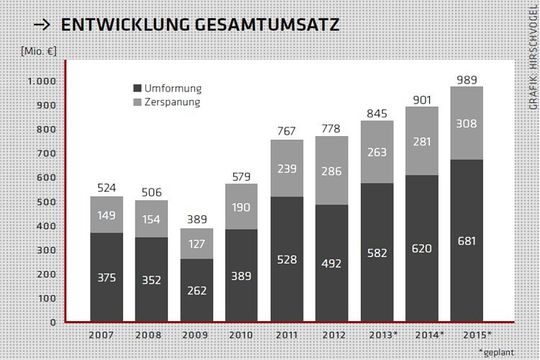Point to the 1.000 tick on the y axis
point(42,81)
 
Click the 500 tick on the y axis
point(46,202)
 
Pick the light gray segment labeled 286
point(333,171)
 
